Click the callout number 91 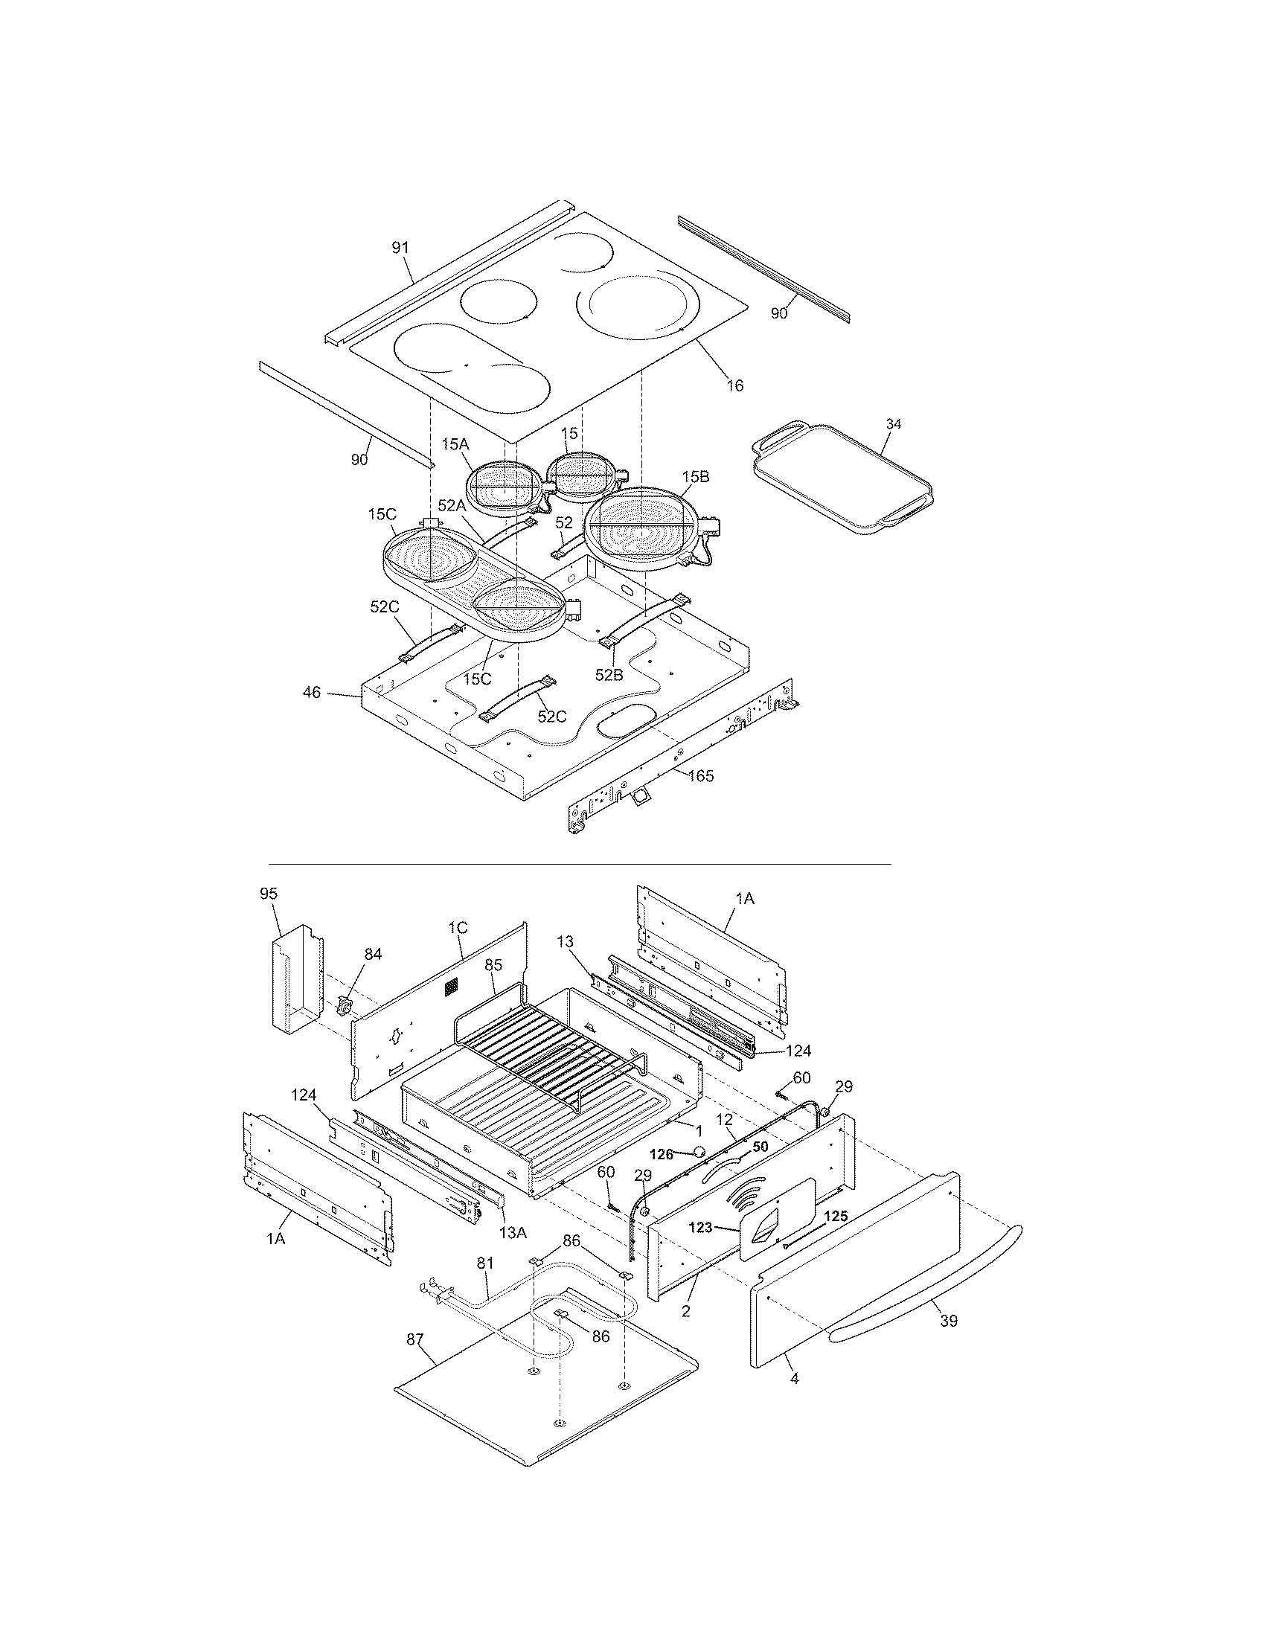coord(401,247)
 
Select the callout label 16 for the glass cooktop coord(734,385)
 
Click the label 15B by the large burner coord(696,477)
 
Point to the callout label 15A coord(454,444)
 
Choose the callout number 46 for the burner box coord(312,693)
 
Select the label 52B coord(609,675)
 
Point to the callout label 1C coord(458,927)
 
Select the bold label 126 coord(661,1155)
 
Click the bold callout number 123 coord(700,1228)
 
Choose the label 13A coord(513,1231)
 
